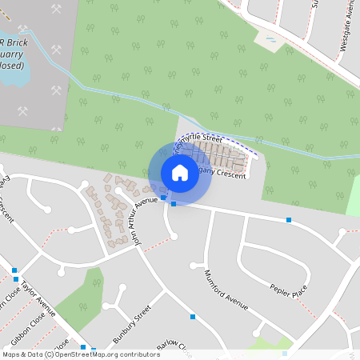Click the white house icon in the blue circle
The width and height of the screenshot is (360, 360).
click(x=179, y=172)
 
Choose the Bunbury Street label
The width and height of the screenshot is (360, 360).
click(x=131, y=324)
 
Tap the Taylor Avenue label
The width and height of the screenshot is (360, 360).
click(x=38, y=298)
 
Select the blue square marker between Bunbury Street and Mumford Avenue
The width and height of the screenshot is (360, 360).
click(x=193, y=318)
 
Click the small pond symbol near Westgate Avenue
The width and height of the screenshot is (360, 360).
click(x=270, y=39)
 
